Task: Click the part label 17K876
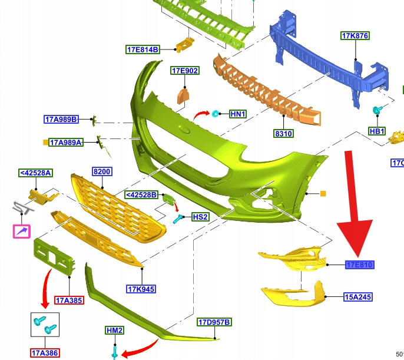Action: (355, 36)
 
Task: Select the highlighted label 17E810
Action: (360, 265)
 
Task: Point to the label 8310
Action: (283, 134)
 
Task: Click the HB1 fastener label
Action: (377, 131)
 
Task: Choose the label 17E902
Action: (185, 71)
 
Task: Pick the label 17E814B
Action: (143, 49)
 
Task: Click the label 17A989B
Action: (61, 120)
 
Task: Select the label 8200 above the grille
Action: (102, 171)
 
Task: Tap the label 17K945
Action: (141, 289)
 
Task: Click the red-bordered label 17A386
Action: (45, 353)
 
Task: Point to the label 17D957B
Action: (214, 322)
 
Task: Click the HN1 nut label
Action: (238, 113)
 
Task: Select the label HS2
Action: (200, 217)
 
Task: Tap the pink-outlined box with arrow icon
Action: (22, 232)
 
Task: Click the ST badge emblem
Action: (21, 209)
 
